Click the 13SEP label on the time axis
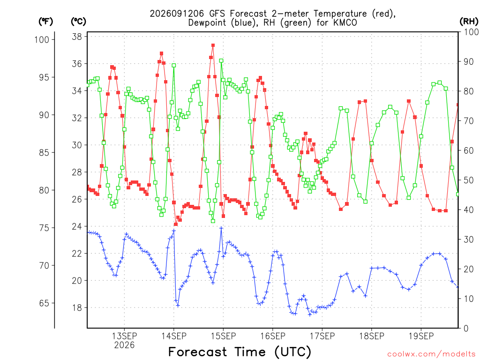point(124,336)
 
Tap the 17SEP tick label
point(322,336)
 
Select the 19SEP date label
point(421,336)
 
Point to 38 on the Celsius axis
point(77,37)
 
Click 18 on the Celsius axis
point(77,307)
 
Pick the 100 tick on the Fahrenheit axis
point(42,39)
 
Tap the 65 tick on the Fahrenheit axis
point(44,303)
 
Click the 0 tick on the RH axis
point(466,329)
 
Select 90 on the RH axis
point(468,61)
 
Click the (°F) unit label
point(45,22)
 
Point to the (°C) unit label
point(78,22)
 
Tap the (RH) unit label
point(469,21)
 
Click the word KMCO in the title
point(345,23)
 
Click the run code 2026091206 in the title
point(177,14)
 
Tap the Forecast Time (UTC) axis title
point(240,352)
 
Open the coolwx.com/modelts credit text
point(431,354)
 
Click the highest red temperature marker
point(213,45)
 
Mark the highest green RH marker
point(221,60)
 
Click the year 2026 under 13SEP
point(124,345)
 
